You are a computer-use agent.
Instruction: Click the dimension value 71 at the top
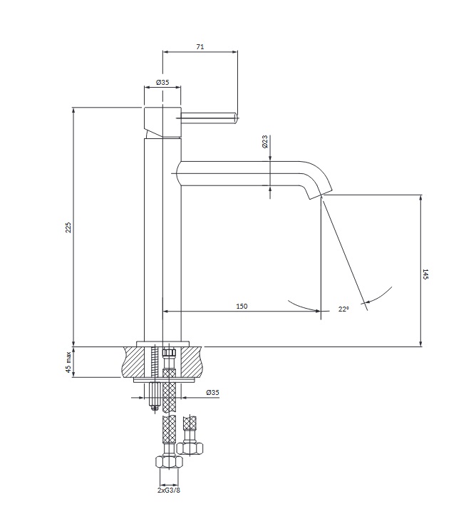click(x=200, y=46)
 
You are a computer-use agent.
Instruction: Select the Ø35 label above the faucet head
click(x=162, y=83)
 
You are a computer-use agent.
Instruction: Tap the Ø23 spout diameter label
click(x=264, y=143)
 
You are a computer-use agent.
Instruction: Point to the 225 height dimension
click(x=68, y=227)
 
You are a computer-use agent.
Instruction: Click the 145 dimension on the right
click(x=425, y=274)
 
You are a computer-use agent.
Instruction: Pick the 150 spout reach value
click(x=242, y=306)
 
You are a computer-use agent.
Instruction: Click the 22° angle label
click(x=343, y=309)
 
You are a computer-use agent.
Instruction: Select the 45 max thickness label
click(x=68, y=362)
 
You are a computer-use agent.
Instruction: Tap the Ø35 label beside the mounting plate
click(x=212, y=393)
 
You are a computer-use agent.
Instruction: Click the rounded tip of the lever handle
click(x=234, y=118)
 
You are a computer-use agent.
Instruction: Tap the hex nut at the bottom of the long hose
click(x=169, y=461)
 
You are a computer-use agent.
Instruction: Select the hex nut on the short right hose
click(x=190, y=448)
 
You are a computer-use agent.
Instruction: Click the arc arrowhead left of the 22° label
click(x=316, y=309)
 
